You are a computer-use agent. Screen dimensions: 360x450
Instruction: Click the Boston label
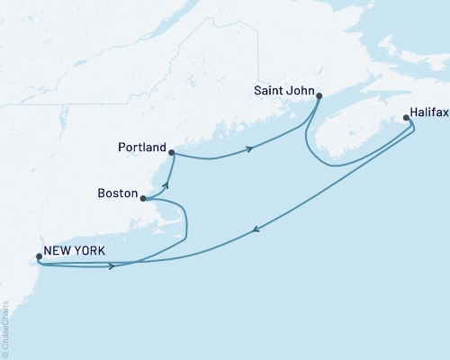(x=117, y=193)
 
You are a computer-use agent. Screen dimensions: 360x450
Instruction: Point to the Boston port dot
(x=143, y=198)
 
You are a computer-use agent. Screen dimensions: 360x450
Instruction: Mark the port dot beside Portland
(x=171, y=152)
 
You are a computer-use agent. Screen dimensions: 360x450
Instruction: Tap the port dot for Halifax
(x=407, y=117)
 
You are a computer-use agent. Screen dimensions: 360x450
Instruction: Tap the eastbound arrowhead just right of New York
(x=112, y=265)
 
